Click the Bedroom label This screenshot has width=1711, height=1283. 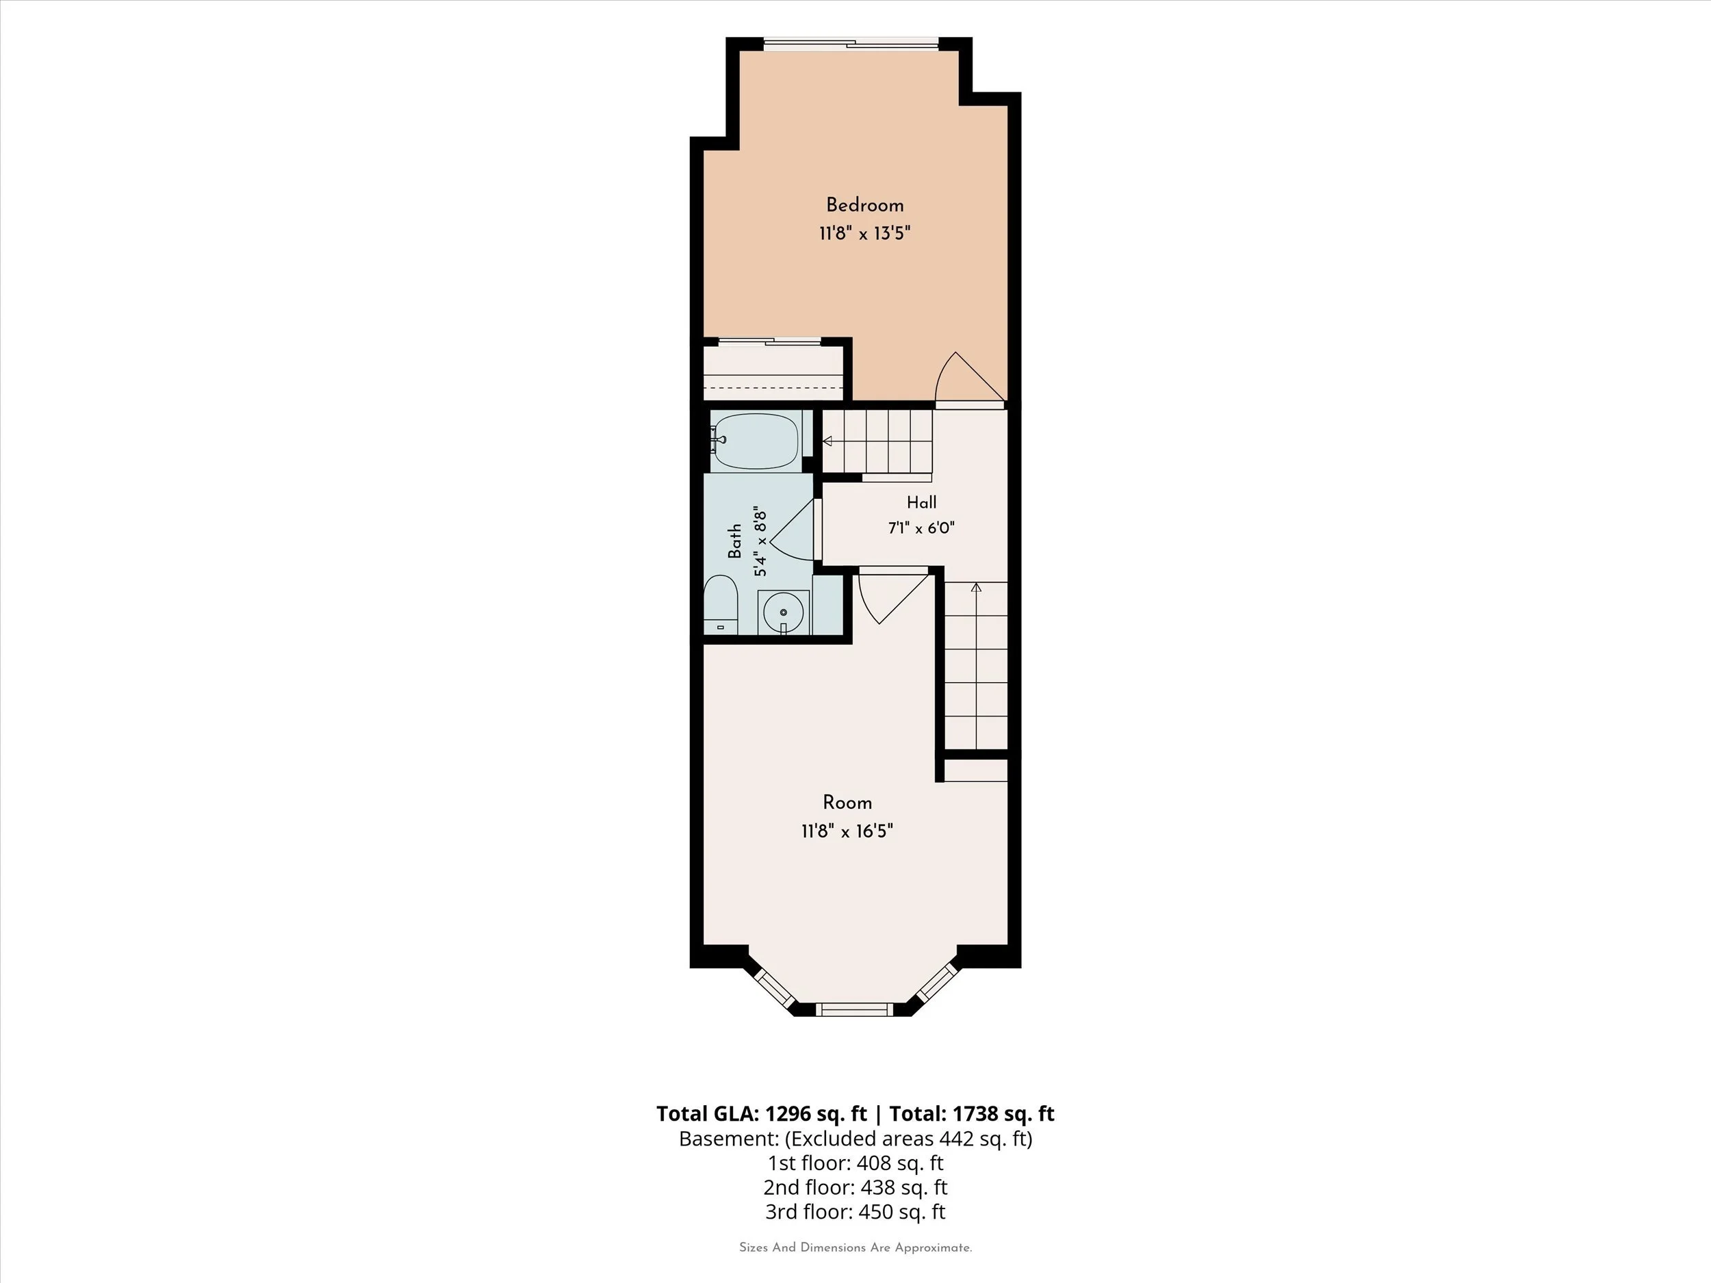point(865,206)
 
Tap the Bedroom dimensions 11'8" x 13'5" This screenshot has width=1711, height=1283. point(865,233)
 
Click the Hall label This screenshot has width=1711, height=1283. point(921,503)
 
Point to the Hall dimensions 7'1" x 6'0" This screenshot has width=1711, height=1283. point(921,528)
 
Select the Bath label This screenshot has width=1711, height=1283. point(735,541)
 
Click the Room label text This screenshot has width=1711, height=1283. point(848,803)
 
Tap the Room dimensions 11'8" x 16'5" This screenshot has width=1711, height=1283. point(848,831)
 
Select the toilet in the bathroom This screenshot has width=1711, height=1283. point(721,605)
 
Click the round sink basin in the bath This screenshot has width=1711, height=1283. point(784,612)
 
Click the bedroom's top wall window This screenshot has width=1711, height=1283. point(851,44)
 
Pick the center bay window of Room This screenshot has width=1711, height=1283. point(854,1009)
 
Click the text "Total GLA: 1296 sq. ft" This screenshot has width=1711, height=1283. point(761,1113)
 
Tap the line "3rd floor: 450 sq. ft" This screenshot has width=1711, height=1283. point(855,1212)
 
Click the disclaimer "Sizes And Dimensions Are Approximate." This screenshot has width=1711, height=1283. point(855,1247)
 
